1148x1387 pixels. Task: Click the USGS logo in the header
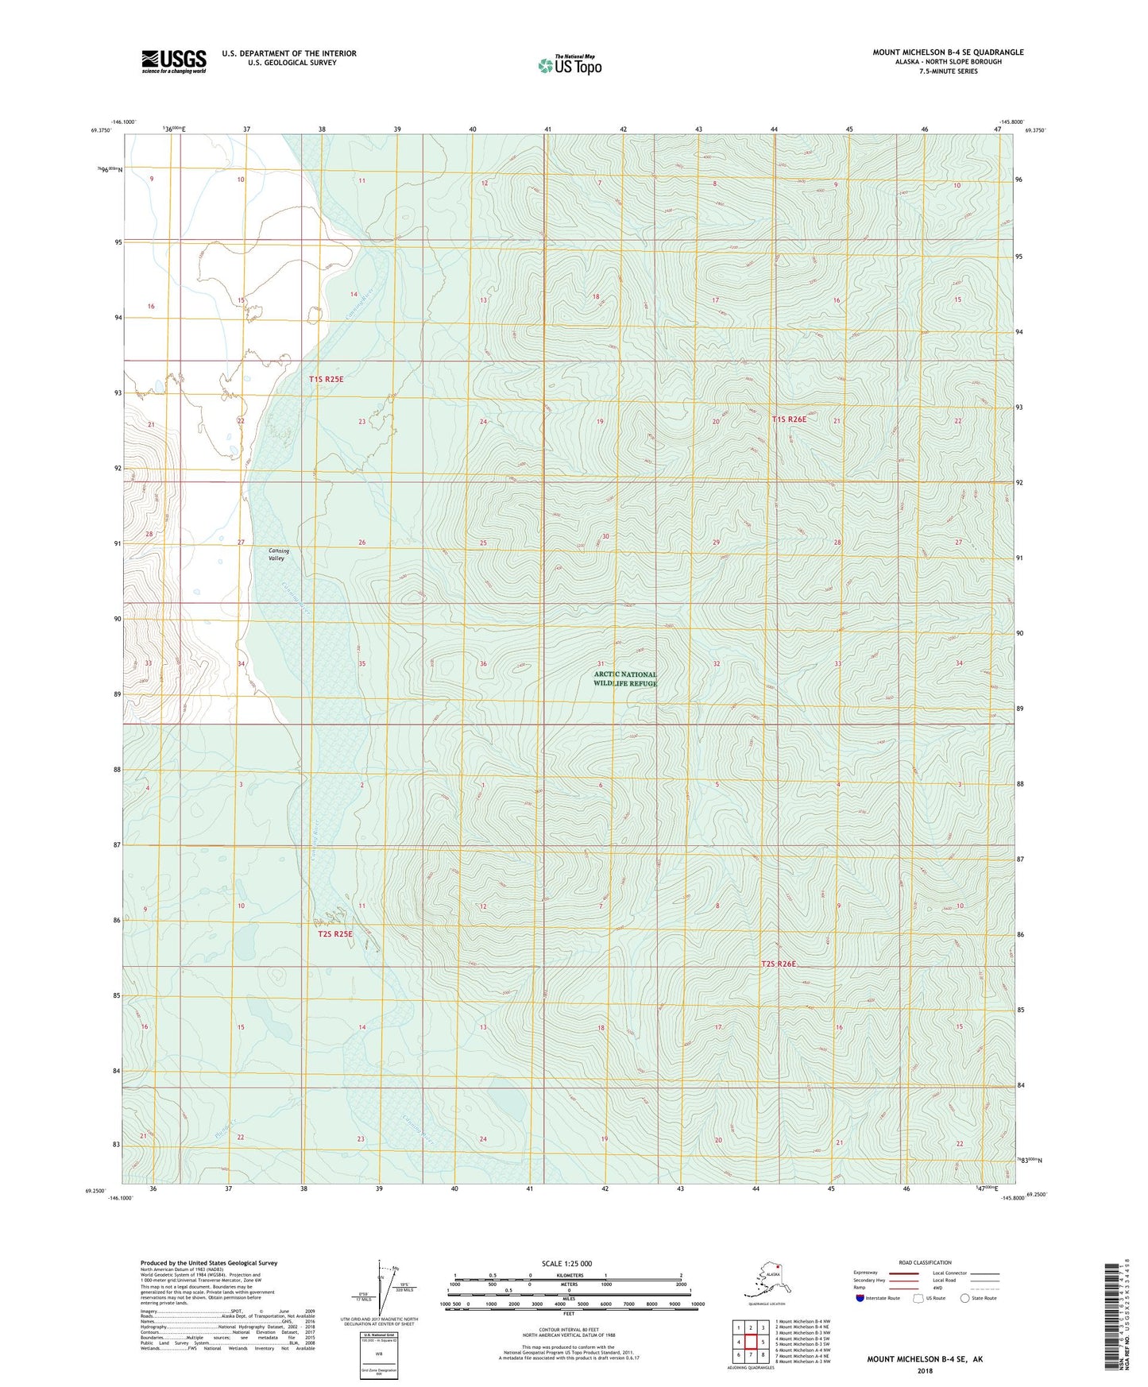point(174,60)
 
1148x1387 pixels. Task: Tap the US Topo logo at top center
point(570,65)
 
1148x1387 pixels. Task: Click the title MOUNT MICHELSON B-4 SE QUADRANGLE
point(948,52)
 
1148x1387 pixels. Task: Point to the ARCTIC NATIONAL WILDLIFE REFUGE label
point(625,679)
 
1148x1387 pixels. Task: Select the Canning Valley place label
point(278,554)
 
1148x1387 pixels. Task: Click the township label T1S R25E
point(326,380)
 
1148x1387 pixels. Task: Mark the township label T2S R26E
point(778,964)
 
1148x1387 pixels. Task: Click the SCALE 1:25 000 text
point(566,1263)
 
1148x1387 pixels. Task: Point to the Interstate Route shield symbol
point(860,1298)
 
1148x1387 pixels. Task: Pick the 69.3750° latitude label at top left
point(100,129)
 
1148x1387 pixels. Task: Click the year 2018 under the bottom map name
point(924,1370)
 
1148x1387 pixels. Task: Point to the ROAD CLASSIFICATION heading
point(925,1262)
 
